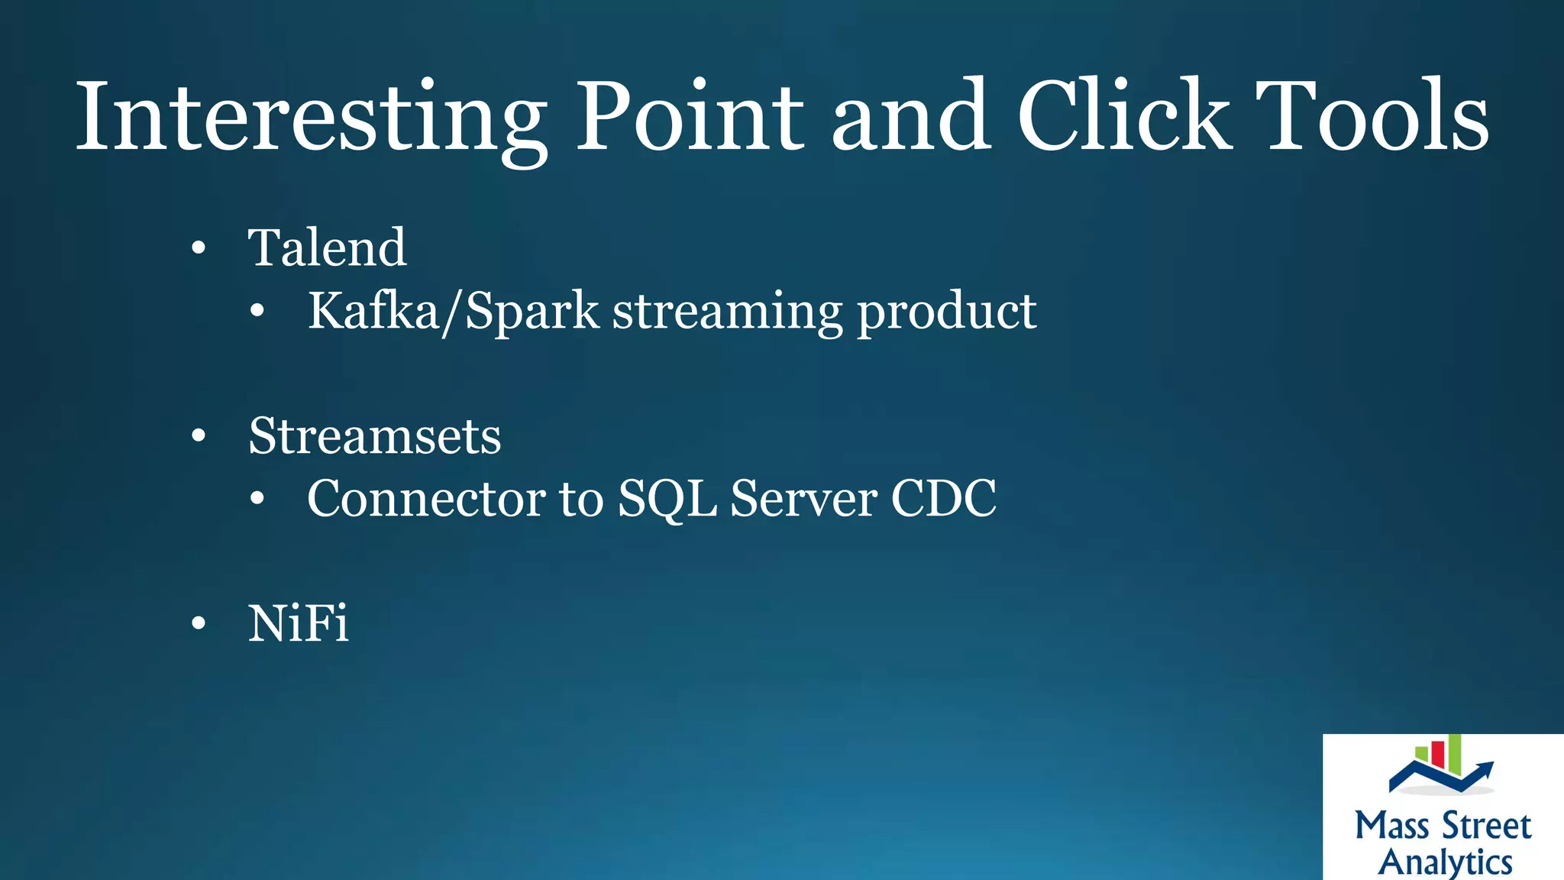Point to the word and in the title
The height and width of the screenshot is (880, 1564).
click(x=911, y=116)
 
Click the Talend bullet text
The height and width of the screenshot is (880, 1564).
click(x=327, y=247)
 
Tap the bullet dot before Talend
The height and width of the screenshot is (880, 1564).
click(x=199, y=248)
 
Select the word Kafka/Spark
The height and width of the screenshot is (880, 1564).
click(x=454, y=311)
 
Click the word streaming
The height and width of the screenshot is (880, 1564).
click(x=727, y=312)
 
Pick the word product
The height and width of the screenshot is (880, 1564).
click(x=946, y=312)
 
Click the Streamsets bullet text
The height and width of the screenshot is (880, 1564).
click(x=374, y=436)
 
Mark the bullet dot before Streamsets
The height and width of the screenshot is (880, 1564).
click(x=199, y=436)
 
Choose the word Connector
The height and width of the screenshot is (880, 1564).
click(x=426, y=499)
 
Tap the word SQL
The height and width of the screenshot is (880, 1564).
click(x=667, y=499)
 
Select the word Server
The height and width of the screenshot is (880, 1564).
click(x=803, y=499)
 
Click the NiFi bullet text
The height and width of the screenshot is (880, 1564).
click(x=298, y=623)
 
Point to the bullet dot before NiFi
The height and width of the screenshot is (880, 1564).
click(x=199, y=623)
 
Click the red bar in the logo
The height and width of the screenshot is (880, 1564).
click(x=1437, y=754)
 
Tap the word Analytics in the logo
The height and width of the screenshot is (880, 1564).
click(x=1445, y=862)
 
